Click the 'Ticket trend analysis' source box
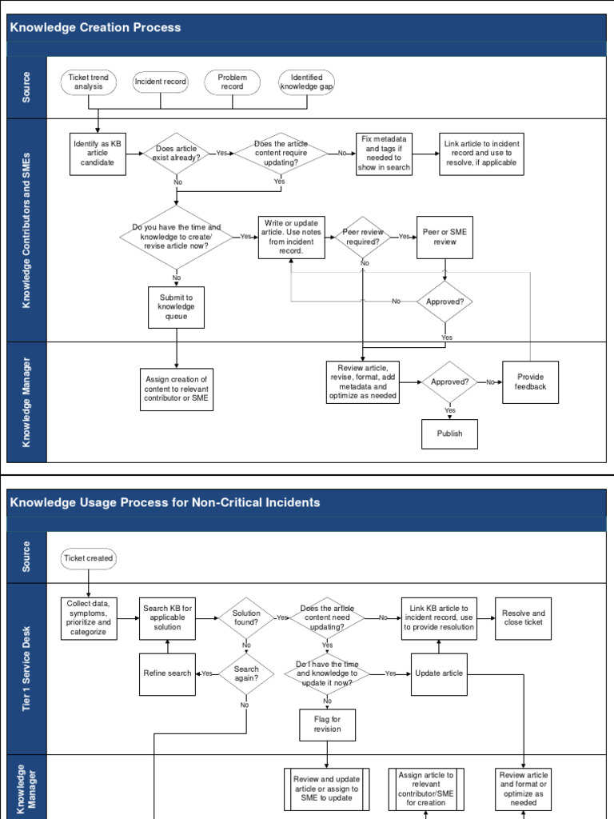[89, 82]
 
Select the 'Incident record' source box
[161, 82]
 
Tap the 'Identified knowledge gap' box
[306, 82]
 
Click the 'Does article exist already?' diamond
[176, 154]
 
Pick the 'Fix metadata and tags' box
[385, 154]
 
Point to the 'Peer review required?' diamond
[363, 237]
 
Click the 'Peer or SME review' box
[445, 237]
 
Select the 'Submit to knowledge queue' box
[176, 307]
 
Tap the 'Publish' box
[449, 433]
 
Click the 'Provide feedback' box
[530, 382]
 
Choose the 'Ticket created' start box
[89, 558]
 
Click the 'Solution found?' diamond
[246, 618]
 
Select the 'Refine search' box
[167, 673]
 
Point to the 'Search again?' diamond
[246, 673]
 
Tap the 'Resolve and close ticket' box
[523, 618]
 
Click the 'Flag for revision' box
[327, 724]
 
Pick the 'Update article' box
[438, 673]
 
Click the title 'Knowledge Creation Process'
[95, 27]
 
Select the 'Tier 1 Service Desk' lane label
[26, 668]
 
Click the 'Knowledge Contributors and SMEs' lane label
[26, 230]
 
